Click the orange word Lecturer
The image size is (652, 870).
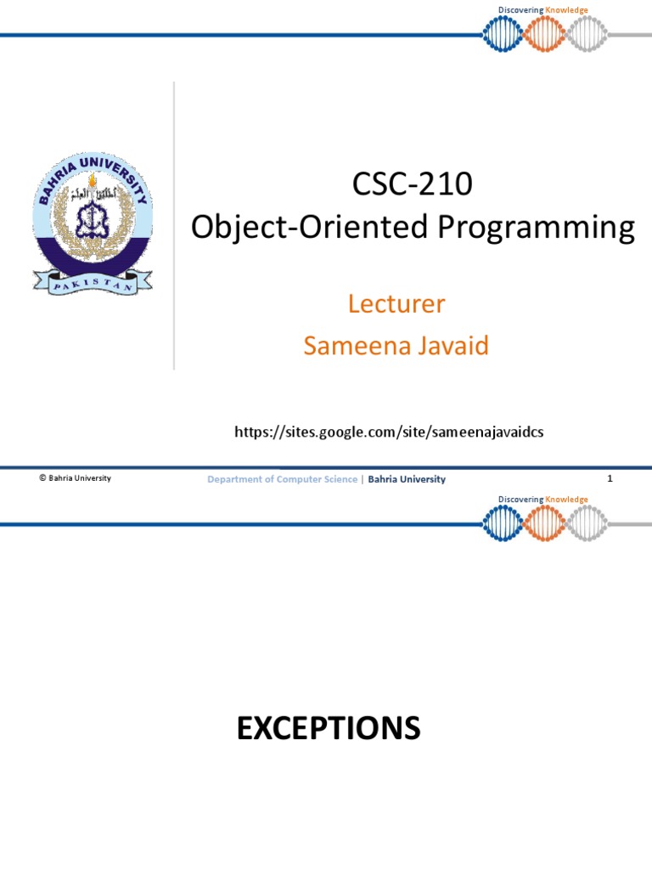tap(396, 303)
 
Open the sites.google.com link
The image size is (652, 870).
tap(389, 432)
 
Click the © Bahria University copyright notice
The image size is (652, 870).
tap(75, 478)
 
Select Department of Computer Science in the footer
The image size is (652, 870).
tap(283, 479)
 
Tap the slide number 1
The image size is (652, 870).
tap(610, 478)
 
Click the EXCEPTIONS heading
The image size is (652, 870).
tap(329, 728)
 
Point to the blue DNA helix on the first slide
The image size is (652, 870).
tap(502, 34)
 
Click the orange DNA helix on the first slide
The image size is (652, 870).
tap(543, 34)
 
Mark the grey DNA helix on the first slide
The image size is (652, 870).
tap(586, 34)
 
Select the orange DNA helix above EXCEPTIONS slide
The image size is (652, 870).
tap(543, 523)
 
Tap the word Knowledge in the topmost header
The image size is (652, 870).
tap(567, 10)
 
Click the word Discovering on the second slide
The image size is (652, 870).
tap(520, 500)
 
